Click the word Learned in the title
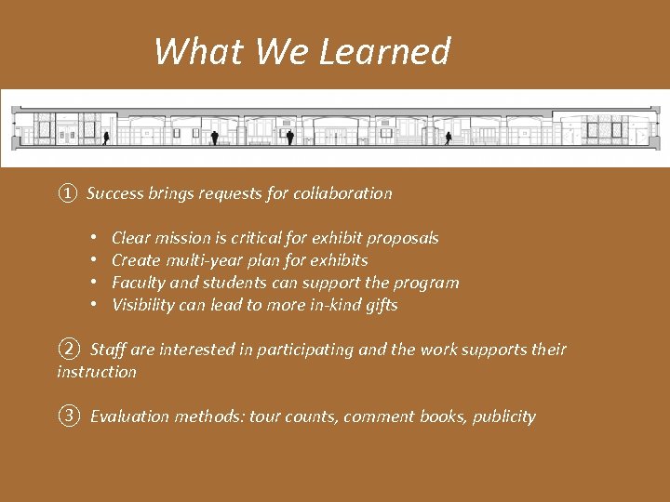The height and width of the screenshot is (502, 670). point(384,52)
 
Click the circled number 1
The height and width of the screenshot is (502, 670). point(66,193)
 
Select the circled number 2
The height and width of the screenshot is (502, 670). point(68,350)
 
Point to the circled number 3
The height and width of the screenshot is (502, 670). point(68,416)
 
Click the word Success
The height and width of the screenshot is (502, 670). point(115,193)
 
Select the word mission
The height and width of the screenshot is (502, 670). point(182,238)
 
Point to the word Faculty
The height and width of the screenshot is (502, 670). point(139,283)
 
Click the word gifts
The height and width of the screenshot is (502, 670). point(381,305)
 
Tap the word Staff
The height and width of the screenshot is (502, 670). point(109,350)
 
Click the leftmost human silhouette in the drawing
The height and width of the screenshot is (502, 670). point(106,139)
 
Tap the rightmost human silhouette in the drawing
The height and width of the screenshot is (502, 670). point(448,139)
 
